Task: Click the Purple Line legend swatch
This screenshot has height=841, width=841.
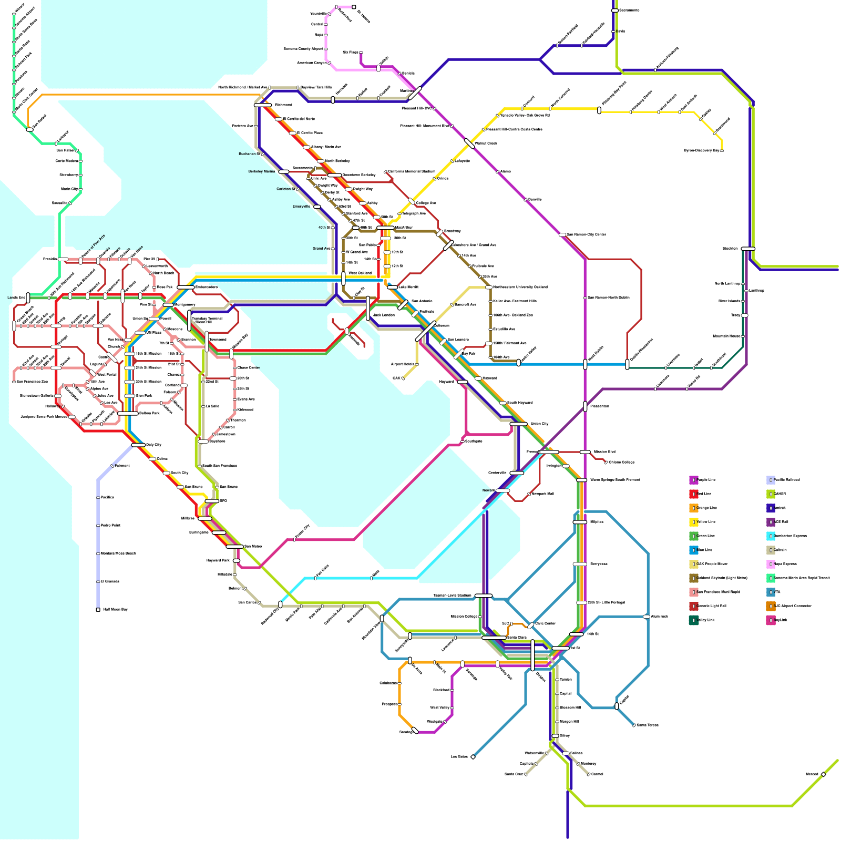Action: (x=693, y=480)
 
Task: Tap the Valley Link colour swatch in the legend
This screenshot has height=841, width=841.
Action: (x=693, y=620)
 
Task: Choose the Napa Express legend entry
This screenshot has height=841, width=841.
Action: (x=771, y=564)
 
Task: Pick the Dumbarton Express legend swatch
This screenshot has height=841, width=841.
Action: (x=771, y=536)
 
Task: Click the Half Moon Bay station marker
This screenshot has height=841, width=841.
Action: (x=98, y=610)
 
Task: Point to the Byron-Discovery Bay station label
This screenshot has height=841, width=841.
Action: (x=701, y=151)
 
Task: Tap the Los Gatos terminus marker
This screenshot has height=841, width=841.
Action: (x=473, y=757)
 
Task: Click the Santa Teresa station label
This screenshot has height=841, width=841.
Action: (x=648, y=725)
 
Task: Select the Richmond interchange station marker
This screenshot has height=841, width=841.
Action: (x=263, y=105)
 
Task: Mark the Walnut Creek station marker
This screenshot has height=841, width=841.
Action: (x=469, y=143)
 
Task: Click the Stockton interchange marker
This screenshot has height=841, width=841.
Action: (x=748, y=249)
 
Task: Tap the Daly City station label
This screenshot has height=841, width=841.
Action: (x=153, y=445)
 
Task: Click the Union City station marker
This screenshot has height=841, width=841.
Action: (x=518, y=424)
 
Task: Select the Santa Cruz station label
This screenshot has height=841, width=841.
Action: (x=514, y=774)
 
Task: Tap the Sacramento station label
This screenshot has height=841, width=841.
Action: (x=629, y=11)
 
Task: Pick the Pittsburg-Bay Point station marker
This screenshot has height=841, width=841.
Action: (x=599, y=110)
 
